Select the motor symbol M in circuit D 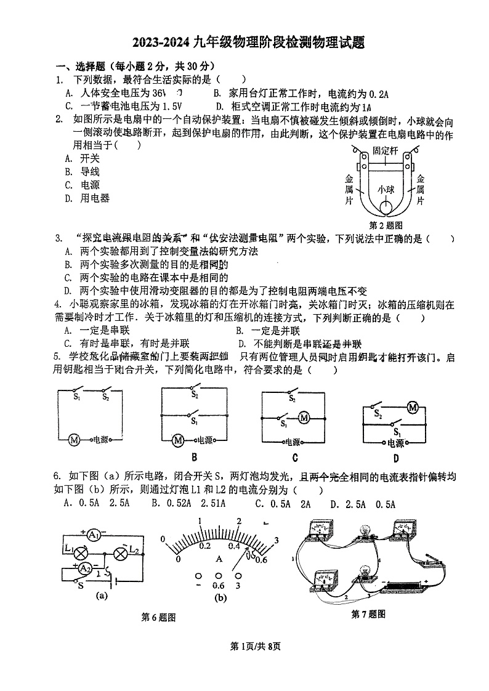[x=413, y=407]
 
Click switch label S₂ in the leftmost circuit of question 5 [x=105, y=398]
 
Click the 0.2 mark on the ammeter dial [x=205, y=546]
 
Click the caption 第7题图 [x=368, y=613]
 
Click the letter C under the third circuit [x=295, y=457]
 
